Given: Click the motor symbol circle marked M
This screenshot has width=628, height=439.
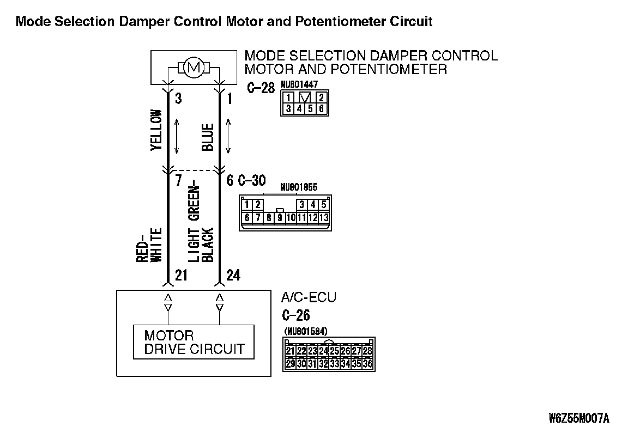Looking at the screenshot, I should click(x=194, y=68).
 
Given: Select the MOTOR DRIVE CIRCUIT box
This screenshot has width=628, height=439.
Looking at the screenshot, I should click(x=194, y=342).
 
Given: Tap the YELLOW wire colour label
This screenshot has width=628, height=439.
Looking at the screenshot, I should click(x=156, y=130).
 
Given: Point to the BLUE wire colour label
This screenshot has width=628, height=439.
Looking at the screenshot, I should click(x=208, y=137).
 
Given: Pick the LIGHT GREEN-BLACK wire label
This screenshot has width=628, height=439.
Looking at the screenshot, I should click(x=201, y=224).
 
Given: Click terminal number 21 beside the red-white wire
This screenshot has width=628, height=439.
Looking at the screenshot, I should click(x=182, y=275).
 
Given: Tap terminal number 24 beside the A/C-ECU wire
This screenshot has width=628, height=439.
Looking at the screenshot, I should click(x=233, y=275).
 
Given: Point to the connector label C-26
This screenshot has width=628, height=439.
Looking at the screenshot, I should click(x=296, y=315).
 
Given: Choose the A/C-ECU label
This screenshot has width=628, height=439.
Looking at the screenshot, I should click(x=309, y=297).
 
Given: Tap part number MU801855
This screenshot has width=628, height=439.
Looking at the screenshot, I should click(x=299, y=187).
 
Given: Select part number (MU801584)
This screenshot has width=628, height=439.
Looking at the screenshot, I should click(x=306, y=331).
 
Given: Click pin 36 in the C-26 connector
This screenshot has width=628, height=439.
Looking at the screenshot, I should click(x=368, y=363).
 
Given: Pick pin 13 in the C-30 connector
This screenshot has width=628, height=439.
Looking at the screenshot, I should click(x=324, y=218).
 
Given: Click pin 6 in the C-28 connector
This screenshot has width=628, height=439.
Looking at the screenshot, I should click(x=322, y=108).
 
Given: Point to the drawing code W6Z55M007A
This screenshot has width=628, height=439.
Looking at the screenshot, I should click(x=579, y=418).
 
